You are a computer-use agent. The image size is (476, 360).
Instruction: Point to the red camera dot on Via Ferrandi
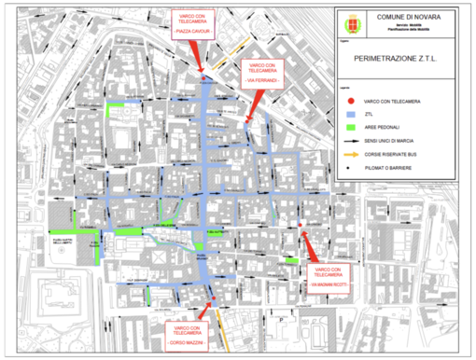click(x=246, y=118)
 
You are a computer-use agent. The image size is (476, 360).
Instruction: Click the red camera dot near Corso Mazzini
click(x=214, y=298)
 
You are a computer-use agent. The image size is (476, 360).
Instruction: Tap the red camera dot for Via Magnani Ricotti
click(x=299, y=225)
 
